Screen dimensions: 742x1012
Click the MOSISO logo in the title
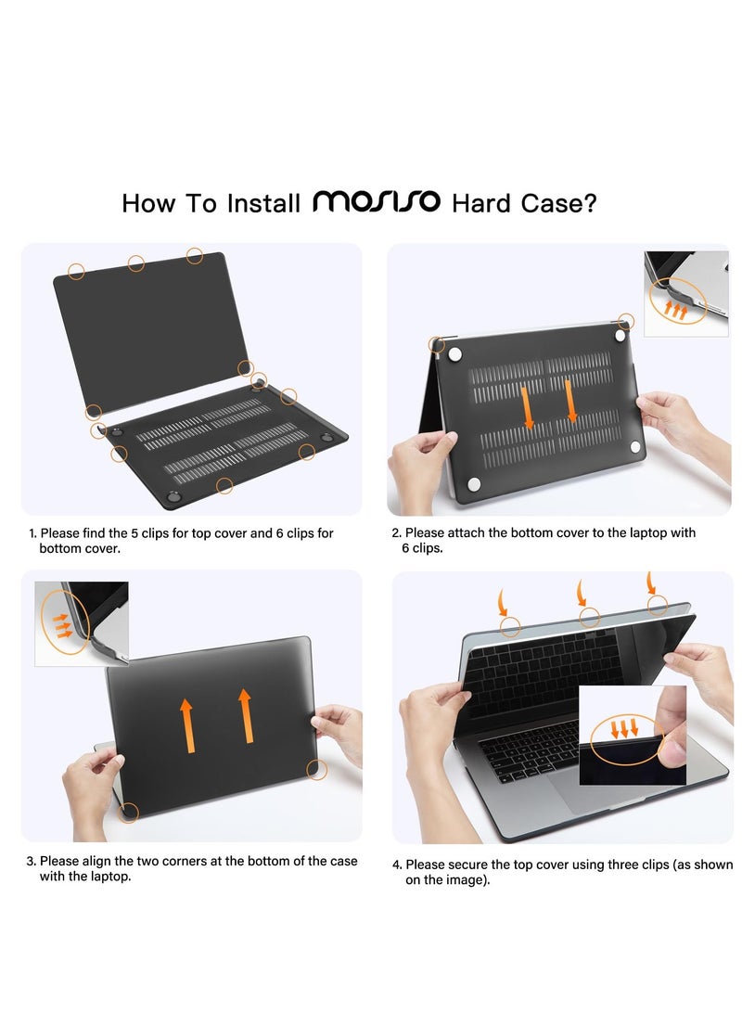point(376,201)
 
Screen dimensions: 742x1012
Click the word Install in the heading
point(264,203)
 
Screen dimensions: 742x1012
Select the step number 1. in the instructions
point(33,533)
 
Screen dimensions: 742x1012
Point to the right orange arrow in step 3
point(247,716)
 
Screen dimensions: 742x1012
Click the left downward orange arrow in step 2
point(527,407)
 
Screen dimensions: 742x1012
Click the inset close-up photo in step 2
point(686,293)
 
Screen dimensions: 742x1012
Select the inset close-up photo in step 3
point(81,623)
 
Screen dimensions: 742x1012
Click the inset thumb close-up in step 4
point(633,735)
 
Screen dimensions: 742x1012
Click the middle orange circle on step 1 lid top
point(136,263)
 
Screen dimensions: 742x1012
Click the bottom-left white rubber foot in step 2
point(474,483)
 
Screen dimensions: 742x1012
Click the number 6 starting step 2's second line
point(405,548)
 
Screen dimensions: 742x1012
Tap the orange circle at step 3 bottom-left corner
point(130,813)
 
